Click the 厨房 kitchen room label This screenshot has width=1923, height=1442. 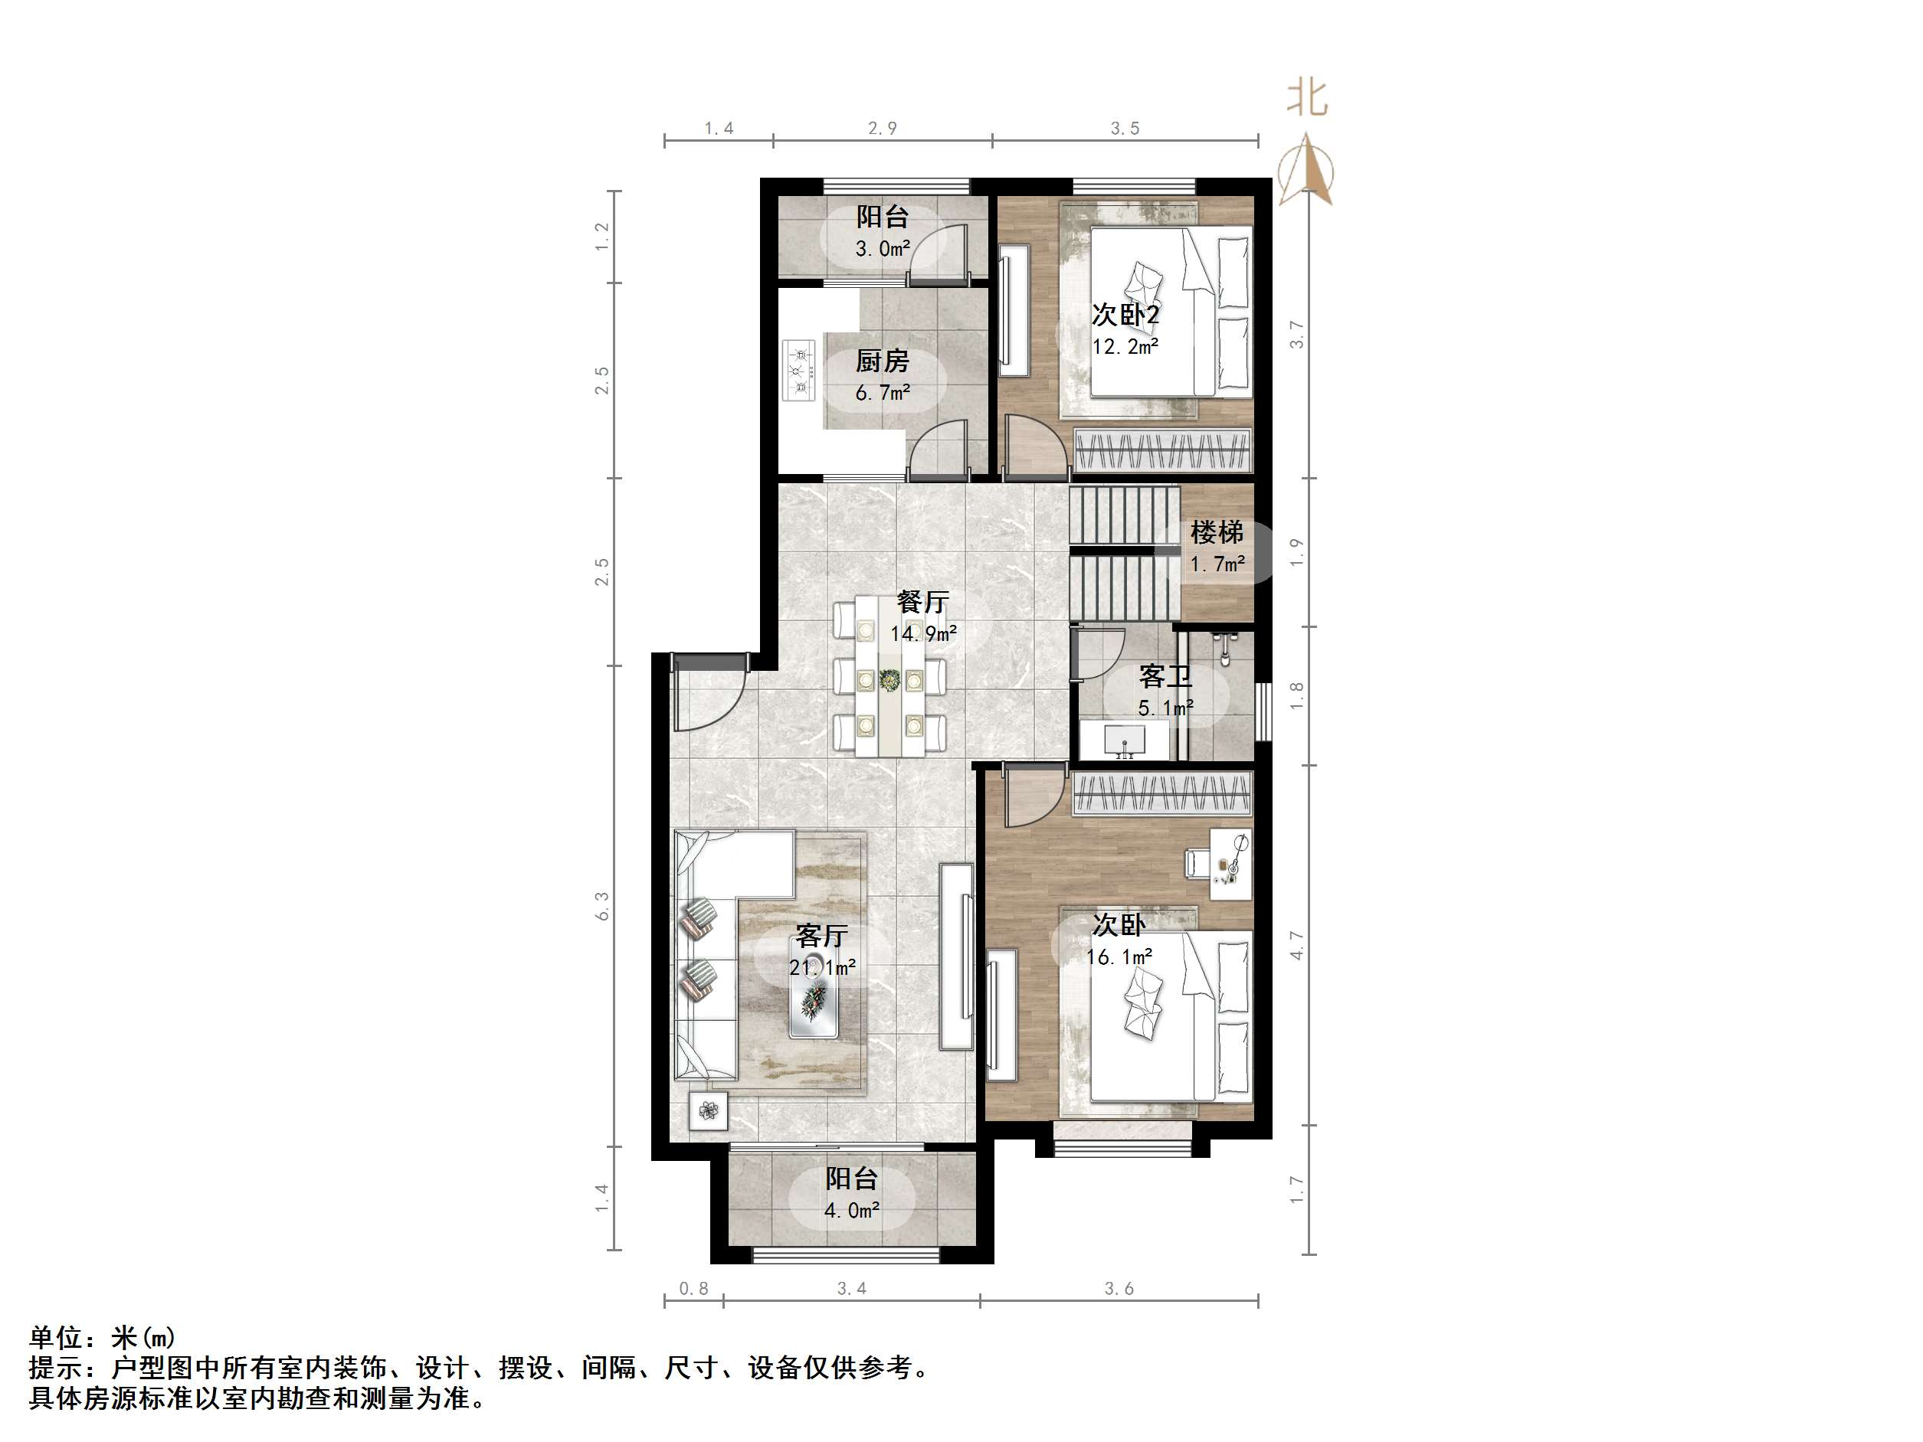[x=882, y=361]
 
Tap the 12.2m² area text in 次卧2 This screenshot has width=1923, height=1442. [x=1125, y=347]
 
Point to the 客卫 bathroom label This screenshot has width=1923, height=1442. [x=1165, y=676]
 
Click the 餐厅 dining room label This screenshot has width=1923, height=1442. [x=922, y=601]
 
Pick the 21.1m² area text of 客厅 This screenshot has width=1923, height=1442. [x=821, y=966]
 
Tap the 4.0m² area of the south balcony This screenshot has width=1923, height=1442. [x=852, y=1210]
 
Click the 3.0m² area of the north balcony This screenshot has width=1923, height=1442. [x=883, y=249]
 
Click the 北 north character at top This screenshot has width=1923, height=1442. [x=1306, y=97]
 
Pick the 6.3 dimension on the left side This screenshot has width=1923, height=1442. [x=602, y=906]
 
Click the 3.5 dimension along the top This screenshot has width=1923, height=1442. [x=1124, y=129]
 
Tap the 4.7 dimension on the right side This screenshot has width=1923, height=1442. [x=1296, y=945]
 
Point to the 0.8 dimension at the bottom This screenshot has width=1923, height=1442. [x=693, y=1288]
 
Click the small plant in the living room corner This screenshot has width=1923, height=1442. [x=708, y=1111]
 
